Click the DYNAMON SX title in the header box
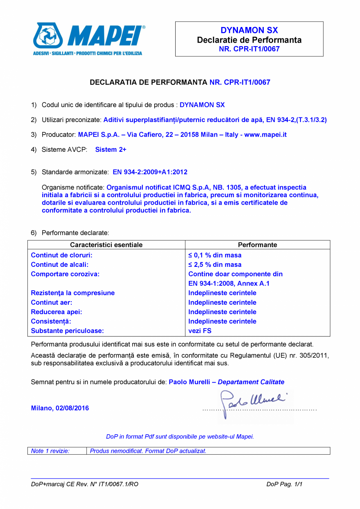tap(249, 31)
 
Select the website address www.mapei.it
tap(266, 135)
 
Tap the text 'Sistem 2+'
tap(111, 149)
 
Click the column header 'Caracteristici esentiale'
tap(106, 245)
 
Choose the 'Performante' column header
tap(257, 245)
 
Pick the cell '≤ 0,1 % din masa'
tap(215, 255)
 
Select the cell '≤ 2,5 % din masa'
tap(215, 264)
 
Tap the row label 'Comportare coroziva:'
tap(65, 274)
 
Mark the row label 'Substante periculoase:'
tap(67, 331)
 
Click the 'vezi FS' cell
tap(200, 331)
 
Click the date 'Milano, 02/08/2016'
tap(60, 408)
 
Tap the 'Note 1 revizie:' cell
tap(50, 451)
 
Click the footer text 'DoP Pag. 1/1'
tap(284, 484)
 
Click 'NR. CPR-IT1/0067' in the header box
tap(249, 49)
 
